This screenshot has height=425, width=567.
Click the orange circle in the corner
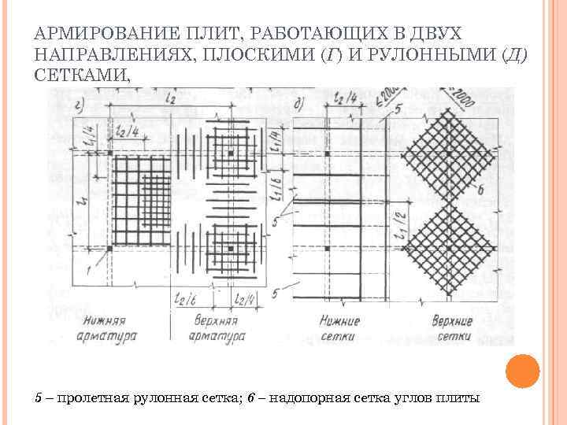point(522,369)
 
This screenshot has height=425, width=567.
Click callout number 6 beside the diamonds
point(480,190)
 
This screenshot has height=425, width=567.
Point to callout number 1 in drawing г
point(88,271)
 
